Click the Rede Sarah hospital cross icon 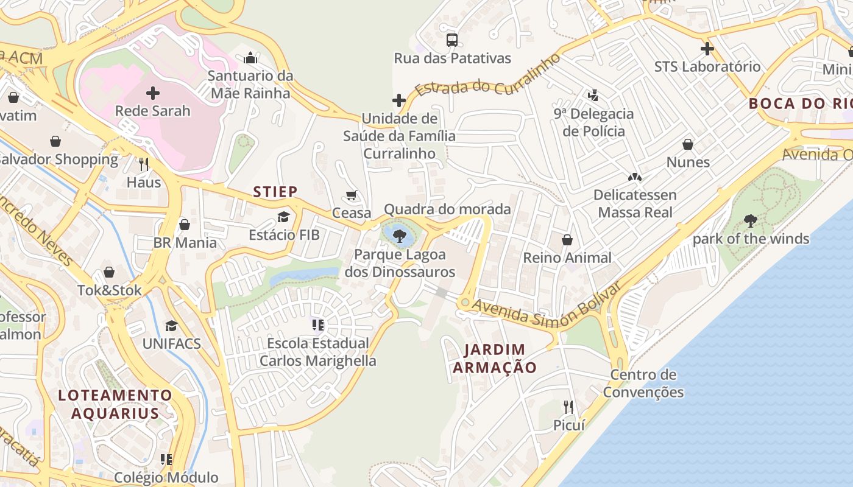point(153,93)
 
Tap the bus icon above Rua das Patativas point(451,40)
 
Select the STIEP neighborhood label point(275,192)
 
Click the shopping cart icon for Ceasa point(352,195)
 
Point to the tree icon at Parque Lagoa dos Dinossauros point(400,236)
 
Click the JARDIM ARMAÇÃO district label point(494,359)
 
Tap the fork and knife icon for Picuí point(568,407)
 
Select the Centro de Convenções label point(643,383)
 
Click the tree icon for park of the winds point(751,221)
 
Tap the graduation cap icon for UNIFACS point(171,326)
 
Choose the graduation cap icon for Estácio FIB point(283,217)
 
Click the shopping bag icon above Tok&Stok point(109,272)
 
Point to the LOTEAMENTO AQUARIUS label point(115,404)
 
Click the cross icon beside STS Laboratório point(707,49)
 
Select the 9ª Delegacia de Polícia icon point(593,96)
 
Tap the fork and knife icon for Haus point(144,164)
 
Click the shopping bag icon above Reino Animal point(567,240)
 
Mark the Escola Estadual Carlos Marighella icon point(317,325)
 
